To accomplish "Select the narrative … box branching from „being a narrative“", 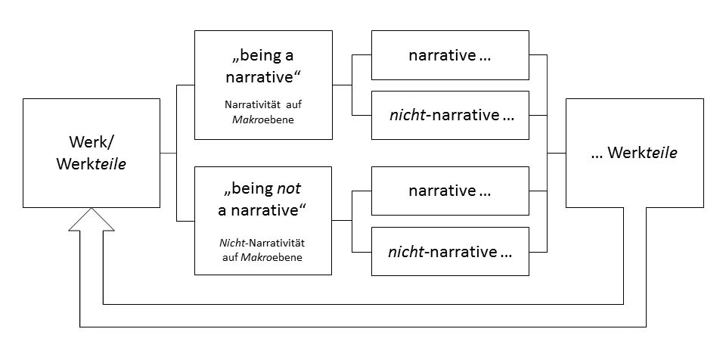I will point(449,55).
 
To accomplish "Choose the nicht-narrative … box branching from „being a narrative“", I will point(449,115).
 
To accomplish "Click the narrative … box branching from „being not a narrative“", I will point(449,191).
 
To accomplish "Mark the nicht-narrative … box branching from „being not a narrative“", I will point(449,251).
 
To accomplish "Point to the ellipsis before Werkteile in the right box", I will point(597,154).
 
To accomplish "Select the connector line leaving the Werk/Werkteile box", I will point(168,153).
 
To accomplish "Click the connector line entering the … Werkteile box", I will point(557,153).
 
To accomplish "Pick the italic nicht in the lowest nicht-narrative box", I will point(405,251).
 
